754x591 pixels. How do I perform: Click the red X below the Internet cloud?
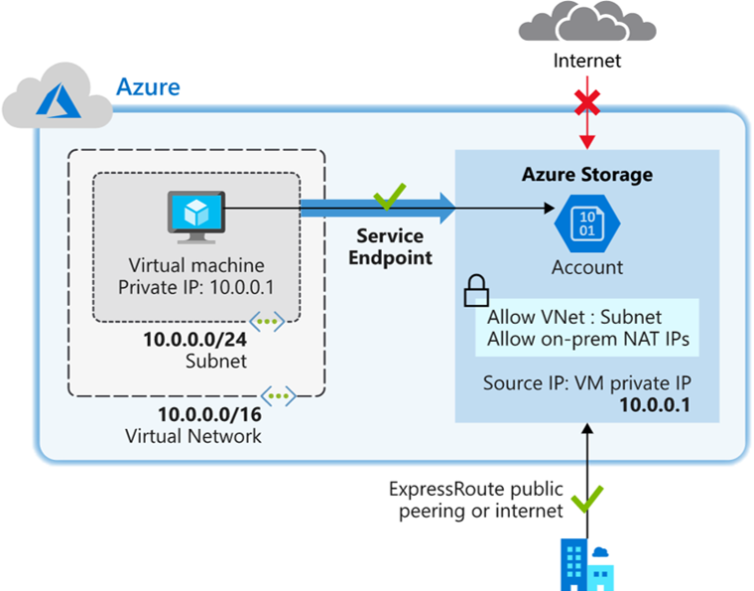pyautogui.click(x=587, y=103)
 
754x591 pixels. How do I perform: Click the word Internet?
pyautogui.click(x=587, y=62)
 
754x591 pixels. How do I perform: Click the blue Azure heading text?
pyautogui.click(x=149, y=86)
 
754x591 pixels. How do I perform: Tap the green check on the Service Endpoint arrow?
pyautogui.click(x=384, y=198)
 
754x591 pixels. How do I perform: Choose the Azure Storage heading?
pyautogui.click(x=587, y=175)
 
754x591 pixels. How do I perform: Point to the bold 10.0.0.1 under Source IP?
pyautogui.click(x=653, y=404)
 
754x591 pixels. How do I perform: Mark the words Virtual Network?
pyautogui.click(x=193, y=436)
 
